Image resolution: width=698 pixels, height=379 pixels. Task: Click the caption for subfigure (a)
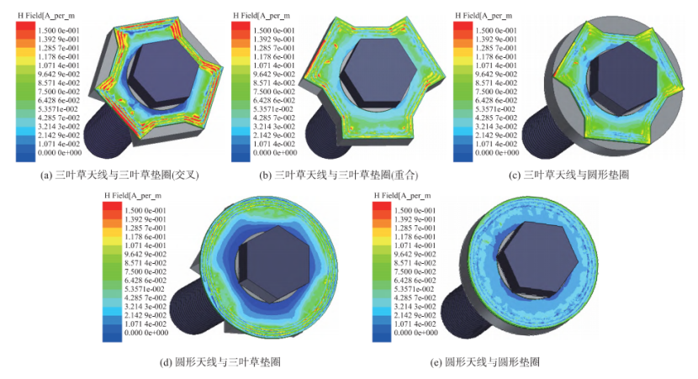(119, 176)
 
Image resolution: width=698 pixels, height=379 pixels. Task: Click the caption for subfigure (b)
(339, 176)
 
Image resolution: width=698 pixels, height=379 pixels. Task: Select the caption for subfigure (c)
(568, 175)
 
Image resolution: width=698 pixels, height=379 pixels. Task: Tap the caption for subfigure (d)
(219, 362)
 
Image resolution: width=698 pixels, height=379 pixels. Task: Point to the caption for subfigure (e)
(485, 362)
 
